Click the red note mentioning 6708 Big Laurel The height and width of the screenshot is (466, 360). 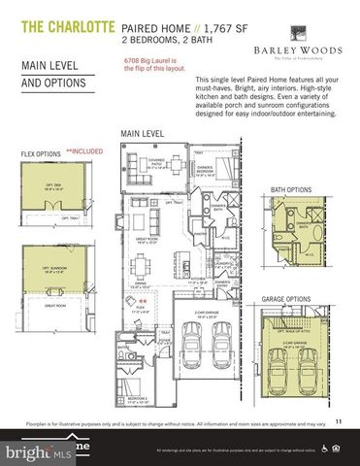[x=154, y=65]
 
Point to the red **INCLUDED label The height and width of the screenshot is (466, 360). [x=84, y=151]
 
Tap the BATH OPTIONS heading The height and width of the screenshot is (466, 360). [x=290, y=162]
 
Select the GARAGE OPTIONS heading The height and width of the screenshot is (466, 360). [x=297, y=298]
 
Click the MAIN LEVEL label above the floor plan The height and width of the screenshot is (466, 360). [x=141, y=132]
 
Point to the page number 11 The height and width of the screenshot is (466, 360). [x=338, y=420]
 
